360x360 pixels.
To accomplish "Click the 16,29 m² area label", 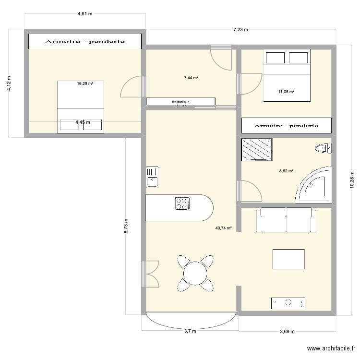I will [x=85, y=84].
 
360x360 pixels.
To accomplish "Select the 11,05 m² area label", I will [x=287, y=91].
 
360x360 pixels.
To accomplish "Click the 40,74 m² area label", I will [x=224, y=228].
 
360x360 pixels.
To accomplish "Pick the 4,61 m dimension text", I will [x=85, y=14].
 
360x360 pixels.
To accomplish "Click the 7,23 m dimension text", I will [x=240, y=30].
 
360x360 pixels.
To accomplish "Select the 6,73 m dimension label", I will [x=126, y=227].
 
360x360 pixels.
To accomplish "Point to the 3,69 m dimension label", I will [x=287, y=331].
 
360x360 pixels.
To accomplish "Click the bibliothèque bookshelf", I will [x=180, y=102].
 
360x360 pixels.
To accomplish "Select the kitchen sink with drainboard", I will [x=152, y=177].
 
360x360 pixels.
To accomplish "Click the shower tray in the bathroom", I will [x=256, y=149].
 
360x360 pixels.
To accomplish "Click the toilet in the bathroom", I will [x=323, y=149].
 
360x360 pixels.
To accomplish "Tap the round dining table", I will [x=195, y=273].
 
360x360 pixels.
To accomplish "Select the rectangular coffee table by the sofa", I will [x=288, y=259].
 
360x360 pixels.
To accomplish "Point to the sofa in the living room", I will [x=287, y=219].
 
